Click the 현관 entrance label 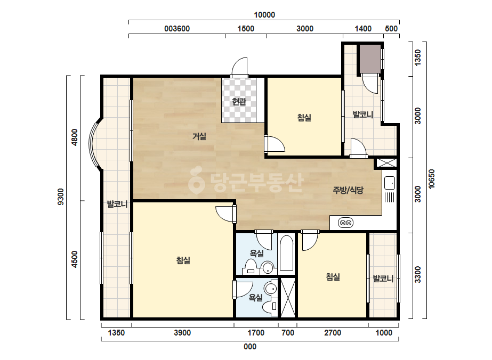click(239, 102)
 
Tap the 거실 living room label click(199, 136)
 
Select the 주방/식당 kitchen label click(348, 190)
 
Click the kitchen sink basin click(390, 183)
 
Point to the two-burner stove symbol click(346, 223)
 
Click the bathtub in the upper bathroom click(286, 253)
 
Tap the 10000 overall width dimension click(264, 15)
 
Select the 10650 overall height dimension click(432, 179)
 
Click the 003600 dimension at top click(177, 29)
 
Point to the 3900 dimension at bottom click(182, 333)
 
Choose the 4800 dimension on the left click(75, 137)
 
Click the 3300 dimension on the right click(417, 274)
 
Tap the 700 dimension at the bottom click(288, 333)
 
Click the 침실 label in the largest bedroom click(183, 260)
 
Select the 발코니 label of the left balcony click(117, 204)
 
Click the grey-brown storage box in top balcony click(370, 59)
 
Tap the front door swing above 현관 click(239, 66)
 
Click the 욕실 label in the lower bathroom click(255, 297)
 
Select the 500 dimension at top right click(391, 29)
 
